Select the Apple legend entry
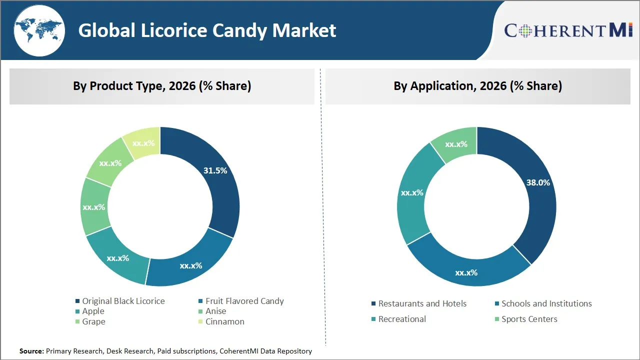[93, 311]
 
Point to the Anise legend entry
[215, 311]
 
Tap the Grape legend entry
[93, 321]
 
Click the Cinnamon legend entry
[224, 321]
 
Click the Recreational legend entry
[402, 319]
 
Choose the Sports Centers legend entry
[529, 319]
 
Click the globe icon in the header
[38, 31]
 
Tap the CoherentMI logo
[568, 30]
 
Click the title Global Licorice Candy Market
[207, 31]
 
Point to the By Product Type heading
[162, 86]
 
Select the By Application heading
[477, 86]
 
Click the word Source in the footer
[31, 351]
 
